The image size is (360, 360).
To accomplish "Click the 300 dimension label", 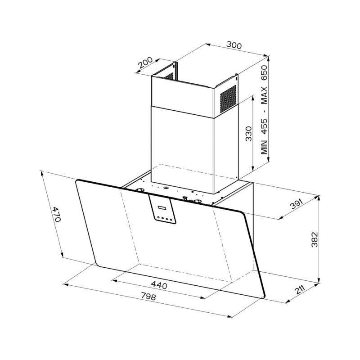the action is point(234,45).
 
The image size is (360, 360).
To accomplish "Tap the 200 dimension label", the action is point(145,63).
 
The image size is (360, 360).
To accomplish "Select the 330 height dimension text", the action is point(249,134).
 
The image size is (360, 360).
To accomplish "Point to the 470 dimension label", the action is point(57,214).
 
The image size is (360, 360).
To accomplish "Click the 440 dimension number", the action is point(159,285).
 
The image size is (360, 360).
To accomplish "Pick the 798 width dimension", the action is point(148,296).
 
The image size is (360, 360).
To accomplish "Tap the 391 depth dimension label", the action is point(297,204).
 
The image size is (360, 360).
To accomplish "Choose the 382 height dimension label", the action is point(315,239).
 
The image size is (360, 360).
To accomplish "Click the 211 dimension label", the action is point(300,290).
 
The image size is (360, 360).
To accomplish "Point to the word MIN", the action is point(264,147).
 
